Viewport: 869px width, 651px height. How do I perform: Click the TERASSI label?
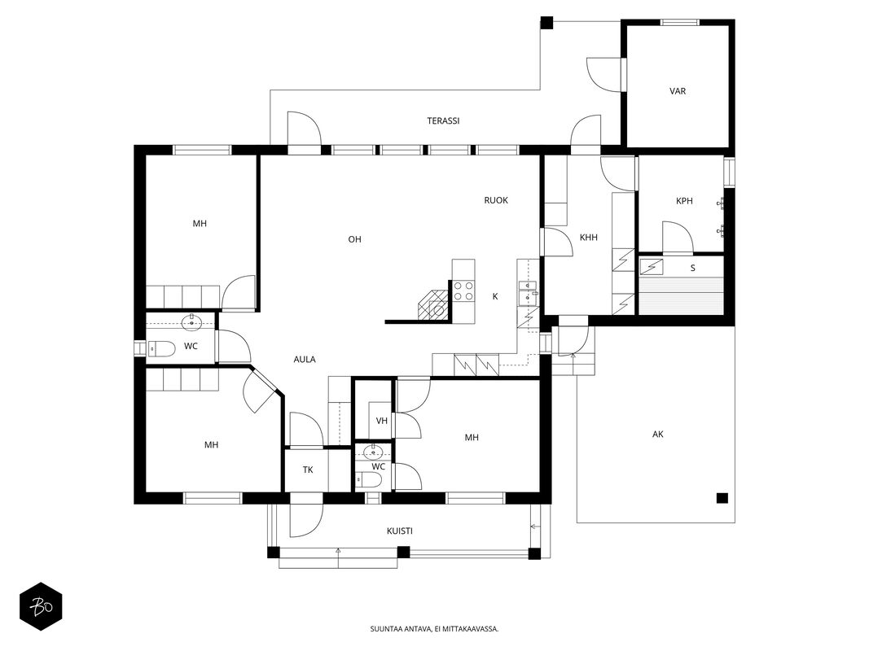coord(443,120)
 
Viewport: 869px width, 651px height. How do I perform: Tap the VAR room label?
coord(678,91)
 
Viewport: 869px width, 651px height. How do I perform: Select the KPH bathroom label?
coord(684,201)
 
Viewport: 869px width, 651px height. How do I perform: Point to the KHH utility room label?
coord(588,238)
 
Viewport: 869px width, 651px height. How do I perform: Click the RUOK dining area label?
coord(496,200)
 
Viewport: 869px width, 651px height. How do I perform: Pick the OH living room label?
coord(354,239)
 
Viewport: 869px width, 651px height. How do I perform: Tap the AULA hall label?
coord(305,359)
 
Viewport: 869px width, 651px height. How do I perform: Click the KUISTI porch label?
coord(399,531)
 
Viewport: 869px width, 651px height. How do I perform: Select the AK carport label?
coord(657,434)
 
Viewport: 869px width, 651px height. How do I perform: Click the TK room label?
coord(308,470)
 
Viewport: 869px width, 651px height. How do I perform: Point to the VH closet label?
coord(381,421)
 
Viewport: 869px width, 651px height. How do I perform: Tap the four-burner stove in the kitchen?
coord(463,291)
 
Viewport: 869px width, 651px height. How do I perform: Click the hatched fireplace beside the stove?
coord(432,304)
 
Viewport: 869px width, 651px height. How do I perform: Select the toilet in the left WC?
coord(160,348)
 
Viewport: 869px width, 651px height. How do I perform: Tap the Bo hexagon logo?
coord(41,607)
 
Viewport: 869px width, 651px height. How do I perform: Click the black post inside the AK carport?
coord(722,498)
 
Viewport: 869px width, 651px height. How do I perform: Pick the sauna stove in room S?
coord(651,267)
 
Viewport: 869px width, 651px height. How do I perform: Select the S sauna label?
coord(692,269)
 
